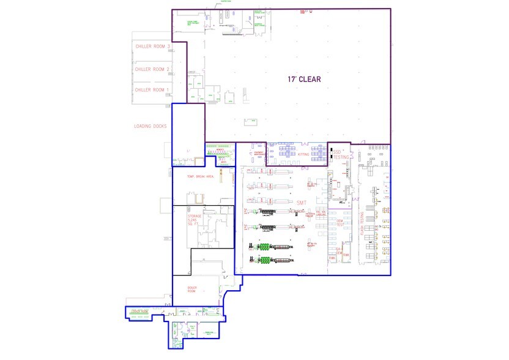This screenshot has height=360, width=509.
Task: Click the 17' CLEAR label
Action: (304, 80)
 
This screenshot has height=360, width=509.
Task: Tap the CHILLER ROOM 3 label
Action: (152, 47)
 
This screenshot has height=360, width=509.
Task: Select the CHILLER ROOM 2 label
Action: (152, 69)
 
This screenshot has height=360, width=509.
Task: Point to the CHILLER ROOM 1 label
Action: (152, 90)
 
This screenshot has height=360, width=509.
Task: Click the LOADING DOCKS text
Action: (150, 127)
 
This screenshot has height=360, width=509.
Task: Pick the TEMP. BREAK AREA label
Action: (201, 176)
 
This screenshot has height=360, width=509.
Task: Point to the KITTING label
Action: (303, 155)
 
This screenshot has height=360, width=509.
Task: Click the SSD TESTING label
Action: (340, 154)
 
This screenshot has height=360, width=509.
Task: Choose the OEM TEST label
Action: (340, 223)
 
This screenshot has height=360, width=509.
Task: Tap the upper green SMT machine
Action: (264, 247)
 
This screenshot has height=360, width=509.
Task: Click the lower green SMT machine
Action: (264, 260)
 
